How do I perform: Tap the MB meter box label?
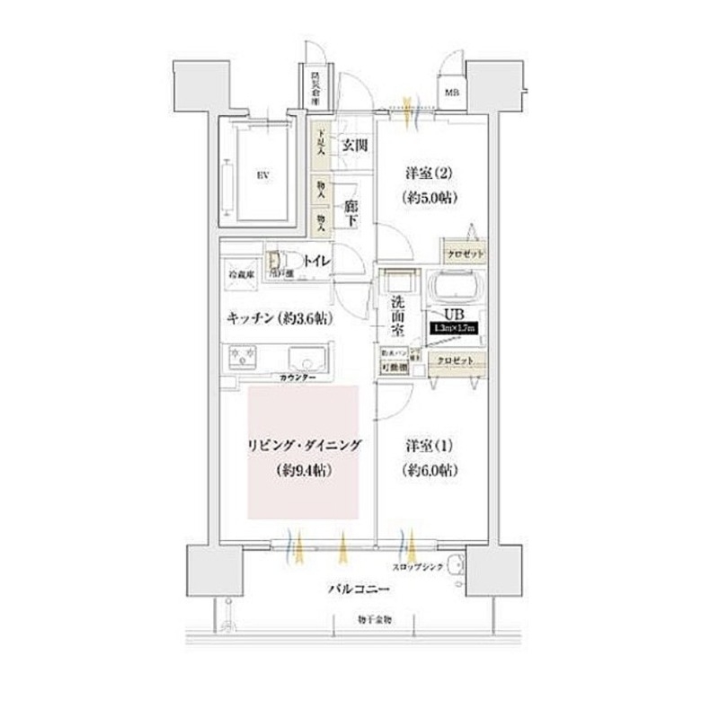[x=450, y=93]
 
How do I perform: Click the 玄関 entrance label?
[x=353, y=145]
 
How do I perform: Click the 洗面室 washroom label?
[x=398, y=315]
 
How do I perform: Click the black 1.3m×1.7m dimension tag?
[x=455, y=329]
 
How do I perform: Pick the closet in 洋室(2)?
[x=463, y=254]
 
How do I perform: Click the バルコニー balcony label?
[x=356, y=590]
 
